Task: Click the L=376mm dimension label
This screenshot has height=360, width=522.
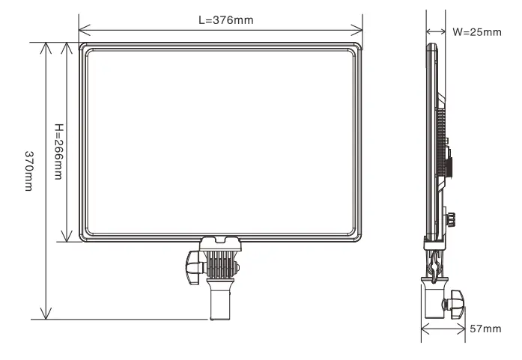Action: click(225, 19)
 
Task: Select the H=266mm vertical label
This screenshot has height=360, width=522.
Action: click(58, 141)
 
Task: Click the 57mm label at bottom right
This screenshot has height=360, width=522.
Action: click(484, 328)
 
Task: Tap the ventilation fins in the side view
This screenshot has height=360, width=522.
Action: click(441, 142)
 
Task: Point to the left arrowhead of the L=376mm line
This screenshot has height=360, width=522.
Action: click(83, 31)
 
